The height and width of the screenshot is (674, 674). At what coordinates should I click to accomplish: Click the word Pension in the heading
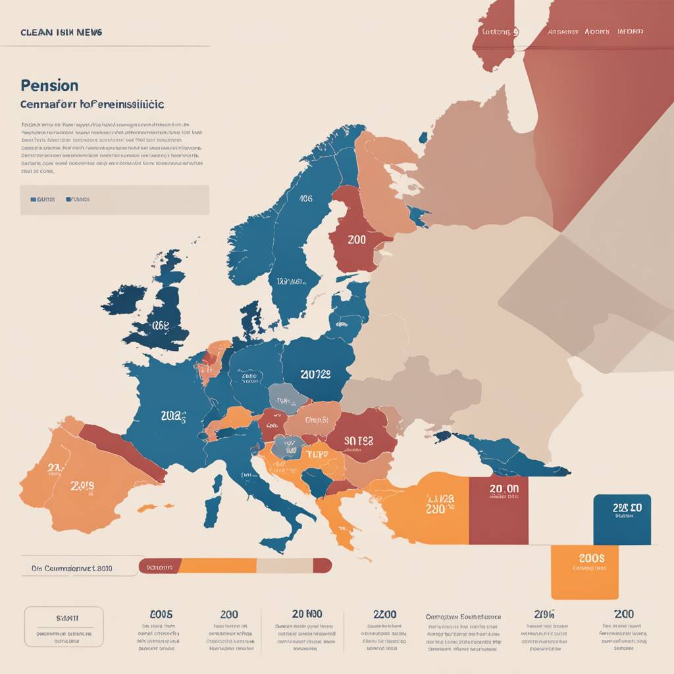[x=49, y=86]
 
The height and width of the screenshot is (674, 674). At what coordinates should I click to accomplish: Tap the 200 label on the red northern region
[x=356, y=240]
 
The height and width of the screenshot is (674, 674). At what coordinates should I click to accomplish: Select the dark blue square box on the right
[x=622, y=520]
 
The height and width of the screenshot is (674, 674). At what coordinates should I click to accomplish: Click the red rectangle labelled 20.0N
[x=498, y=510]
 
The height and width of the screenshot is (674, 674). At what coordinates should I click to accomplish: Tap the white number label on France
[x=173, y=416]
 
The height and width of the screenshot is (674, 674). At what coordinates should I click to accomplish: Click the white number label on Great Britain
[x=160, y=324]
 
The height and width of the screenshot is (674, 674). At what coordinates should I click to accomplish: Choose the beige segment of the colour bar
[x=284, y=565]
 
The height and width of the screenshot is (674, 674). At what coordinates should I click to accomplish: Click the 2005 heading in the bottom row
[x=161, y=614]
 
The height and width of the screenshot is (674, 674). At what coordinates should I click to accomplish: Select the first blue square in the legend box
[x=33, y=199]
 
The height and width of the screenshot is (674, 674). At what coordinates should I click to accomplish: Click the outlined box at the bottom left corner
[x=64, y=627]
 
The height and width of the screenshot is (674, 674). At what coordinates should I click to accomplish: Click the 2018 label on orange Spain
[x=82, y=486]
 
